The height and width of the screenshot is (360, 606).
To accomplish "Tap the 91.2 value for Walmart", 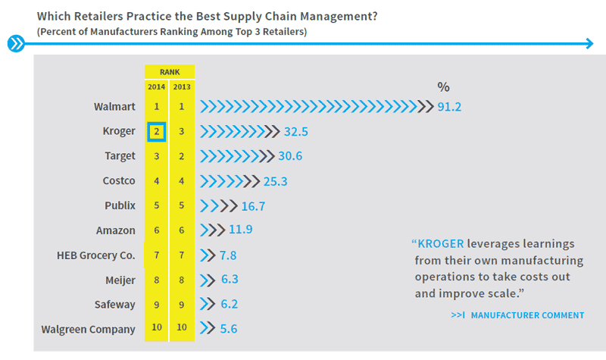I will pyautogui.click(x=449, y=107).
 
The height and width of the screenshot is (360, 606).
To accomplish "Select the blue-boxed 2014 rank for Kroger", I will pyautogui.click(x=156, y=131).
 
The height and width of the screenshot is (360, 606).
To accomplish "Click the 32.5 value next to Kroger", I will pyautogui.click(x=296, y=131).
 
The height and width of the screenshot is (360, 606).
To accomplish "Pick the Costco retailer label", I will pyautogui.click(x=119, y=180).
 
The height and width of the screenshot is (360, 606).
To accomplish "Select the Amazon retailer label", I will pyautogui.click(x=116, y=230).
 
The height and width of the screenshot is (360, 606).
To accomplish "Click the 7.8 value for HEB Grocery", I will pyautogui.click(x=228, y=255).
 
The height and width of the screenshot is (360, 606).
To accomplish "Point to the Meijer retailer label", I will pyautogui.click(x=120, y=280).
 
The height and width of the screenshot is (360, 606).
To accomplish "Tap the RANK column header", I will pyautogui.click(x=170, y=72).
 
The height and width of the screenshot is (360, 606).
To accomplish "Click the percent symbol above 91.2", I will pyautogui.click(x=443, y=87).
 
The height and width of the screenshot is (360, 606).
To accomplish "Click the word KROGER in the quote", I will pyautogui.click(x=441, y=244).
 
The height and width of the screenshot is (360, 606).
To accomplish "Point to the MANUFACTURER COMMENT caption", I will pyautogui.click(x=527, y=315).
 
